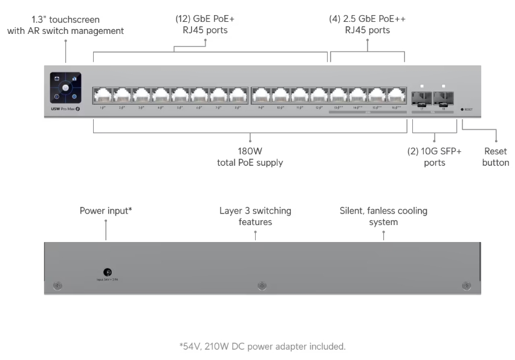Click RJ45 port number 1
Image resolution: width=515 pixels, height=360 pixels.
click(102, 95)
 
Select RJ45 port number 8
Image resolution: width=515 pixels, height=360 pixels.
click(238, 95)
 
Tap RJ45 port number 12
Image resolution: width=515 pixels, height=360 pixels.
click(319, 95)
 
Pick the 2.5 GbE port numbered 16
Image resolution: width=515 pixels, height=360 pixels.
click(397, 95)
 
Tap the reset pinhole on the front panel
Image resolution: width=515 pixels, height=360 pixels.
click(462, 110)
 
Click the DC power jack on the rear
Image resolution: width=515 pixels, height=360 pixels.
click(108, 273)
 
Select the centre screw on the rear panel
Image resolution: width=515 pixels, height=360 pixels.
click(262, 285)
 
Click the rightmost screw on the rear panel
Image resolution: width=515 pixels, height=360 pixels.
click(466, 285)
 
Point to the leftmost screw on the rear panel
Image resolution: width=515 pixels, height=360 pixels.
click(57, 285)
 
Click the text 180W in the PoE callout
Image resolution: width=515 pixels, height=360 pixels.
click(250, 151)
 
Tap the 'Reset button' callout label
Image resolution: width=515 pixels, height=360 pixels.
click(496, 157)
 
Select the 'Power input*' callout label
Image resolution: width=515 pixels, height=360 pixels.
click(106, 211)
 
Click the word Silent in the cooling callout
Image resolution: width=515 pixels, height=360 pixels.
click(352, 211)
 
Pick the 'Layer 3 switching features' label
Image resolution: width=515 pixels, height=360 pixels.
click(255, 216)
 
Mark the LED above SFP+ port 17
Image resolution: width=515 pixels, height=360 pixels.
click(424, 86)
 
